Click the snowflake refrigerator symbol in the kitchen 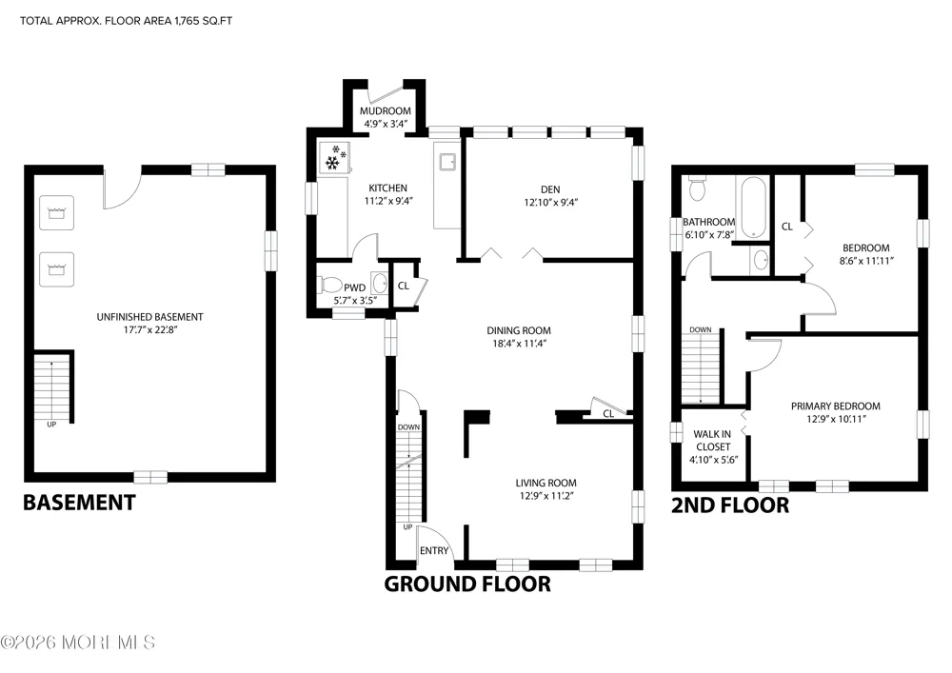point(334,157)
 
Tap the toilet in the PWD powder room point(330,284)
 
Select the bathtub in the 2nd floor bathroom point(753,208)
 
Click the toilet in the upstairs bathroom point(697,188)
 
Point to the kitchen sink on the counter point(447,162)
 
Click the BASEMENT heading point(79,503)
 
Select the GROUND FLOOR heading point(467,584)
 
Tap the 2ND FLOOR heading point(730,505)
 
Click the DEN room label point(550,189)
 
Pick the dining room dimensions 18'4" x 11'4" point(519,344)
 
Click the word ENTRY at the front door point(434,550)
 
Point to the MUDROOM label point(385,111)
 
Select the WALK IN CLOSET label point(713,440)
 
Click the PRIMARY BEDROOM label point(836,406)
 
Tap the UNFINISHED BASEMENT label point(150,317)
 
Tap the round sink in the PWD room point(380,283)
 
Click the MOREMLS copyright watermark point(78,642)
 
